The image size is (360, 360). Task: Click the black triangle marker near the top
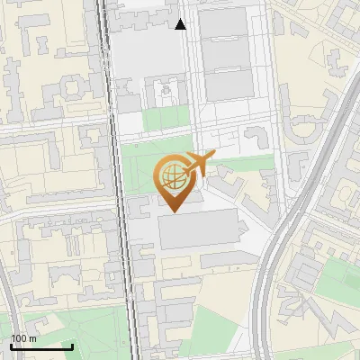point(181,24)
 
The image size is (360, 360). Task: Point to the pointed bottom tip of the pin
point(173,211)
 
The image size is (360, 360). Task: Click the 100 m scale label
point(23,338)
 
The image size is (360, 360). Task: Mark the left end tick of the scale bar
point(11,346)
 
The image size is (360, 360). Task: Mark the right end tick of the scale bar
point(72,346)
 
